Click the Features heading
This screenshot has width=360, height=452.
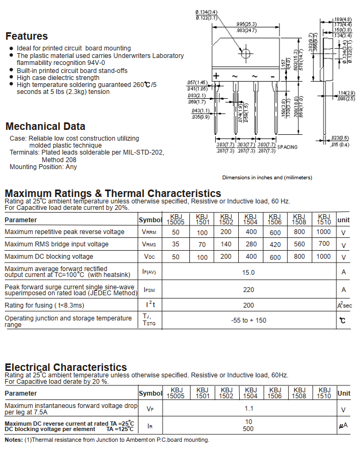(26, 37)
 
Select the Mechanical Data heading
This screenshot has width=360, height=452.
(45, 127)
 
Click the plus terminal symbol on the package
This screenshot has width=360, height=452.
(216, 76)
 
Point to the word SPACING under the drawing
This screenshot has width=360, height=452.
(286, 147)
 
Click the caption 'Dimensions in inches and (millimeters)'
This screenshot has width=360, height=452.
(267, 177)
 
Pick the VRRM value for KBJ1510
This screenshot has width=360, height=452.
(324, 232)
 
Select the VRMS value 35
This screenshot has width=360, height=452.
(175, 244)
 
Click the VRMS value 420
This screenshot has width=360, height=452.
(275, 244)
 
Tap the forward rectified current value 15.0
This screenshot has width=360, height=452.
(248, 272)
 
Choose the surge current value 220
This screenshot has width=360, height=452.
(248, 290)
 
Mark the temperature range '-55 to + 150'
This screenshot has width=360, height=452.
(248, 320)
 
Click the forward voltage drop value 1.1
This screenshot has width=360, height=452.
(248, 409)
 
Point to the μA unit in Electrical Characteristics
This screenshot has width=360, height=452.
(343, 426)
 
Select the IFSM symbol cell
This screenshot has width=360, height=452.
(149, 290)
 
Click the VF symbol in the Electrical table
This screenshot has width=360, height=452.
(150, 409)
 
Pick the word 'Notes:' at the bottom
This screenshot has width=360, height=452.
(13, 440)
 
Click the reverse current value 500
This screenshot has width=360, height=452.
(248, 429)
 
